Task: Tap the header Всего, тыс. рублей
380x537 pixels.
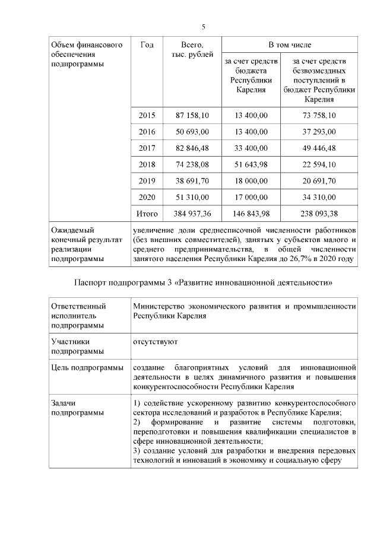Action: point(192,50)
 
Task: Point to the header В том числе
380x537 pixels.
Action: point(289,45)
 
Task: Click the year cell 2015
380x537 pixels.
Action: point(147,115)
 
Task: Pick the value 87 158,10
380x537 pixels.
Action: point(192,115)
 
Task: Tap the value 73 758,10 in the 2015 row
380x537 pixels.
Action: point(318,115)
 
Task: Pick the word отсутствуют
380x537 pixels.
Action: point(156,341)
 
